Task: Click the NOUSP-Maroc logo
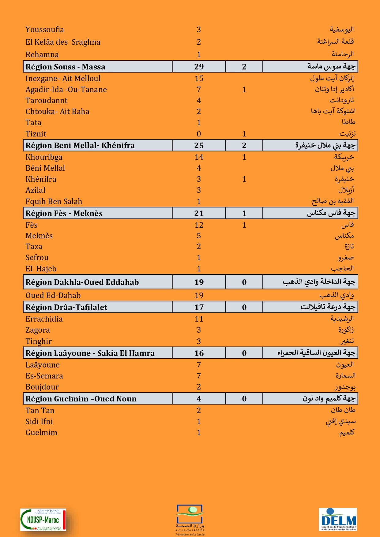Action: tap(43, 520)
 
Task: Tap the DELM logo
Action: tap(338, 520)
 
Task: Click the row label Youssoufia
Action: tap(45, 30)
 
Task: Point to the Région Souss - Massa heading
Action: tap(65, 67)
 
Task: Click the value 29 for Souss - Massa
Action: tap(199, 67)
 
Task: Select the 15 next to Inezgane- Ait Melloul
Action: tap(199, 79)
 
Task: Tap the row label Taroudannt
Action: tap(46, 101)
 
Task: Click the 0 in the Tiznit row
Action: tap(199, 134)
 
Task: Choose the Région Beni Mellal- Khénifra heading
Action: tap(80, 145)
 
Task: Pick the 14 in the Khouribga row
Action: tap(199, 157)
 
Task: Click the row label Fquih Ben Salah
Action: tap(54, 202)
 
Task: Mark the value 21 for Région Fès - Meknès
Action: tap(199, 213)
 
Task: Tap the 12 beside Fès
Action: tap(199, 225)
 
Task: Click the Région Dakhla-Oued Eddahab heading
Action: tap(82, 282)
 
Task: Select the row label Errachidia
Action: tap(44, 319)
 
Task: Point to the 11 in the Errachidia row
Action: tap(199, 319)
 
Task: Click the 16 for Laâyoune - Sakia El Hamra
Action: tap(199, 353)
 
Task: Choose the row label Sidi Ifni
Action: tap(39, 422)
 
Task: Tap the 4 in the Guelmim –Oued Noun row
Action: tap(199, 399)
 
